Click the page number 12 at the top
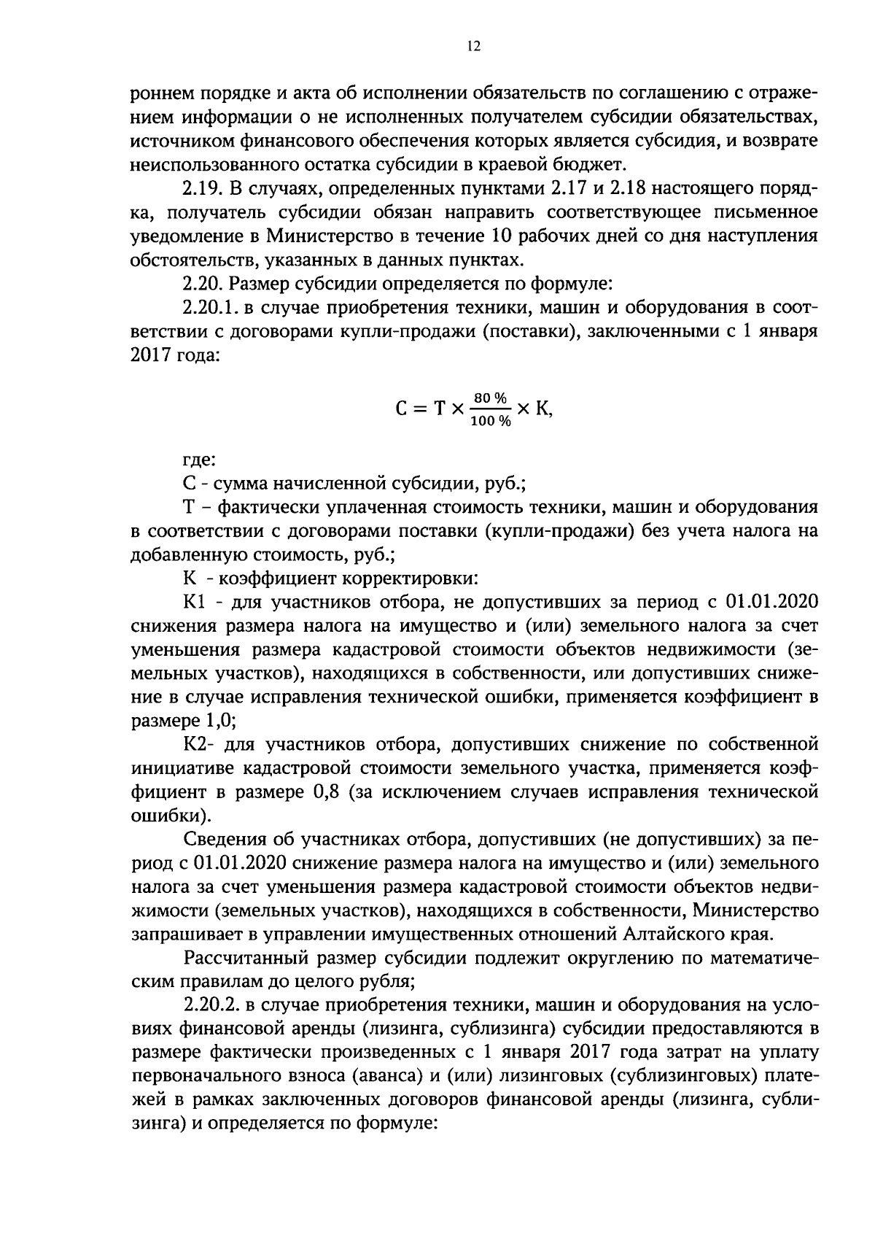(x=473, y=47)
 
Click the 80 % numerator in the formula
(x=490, y=398)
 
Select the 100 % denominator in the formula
(x=490, y=422)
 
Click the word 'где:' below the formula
(x=198, y=460)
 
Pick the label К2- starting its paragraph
(x=198, y=745)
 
